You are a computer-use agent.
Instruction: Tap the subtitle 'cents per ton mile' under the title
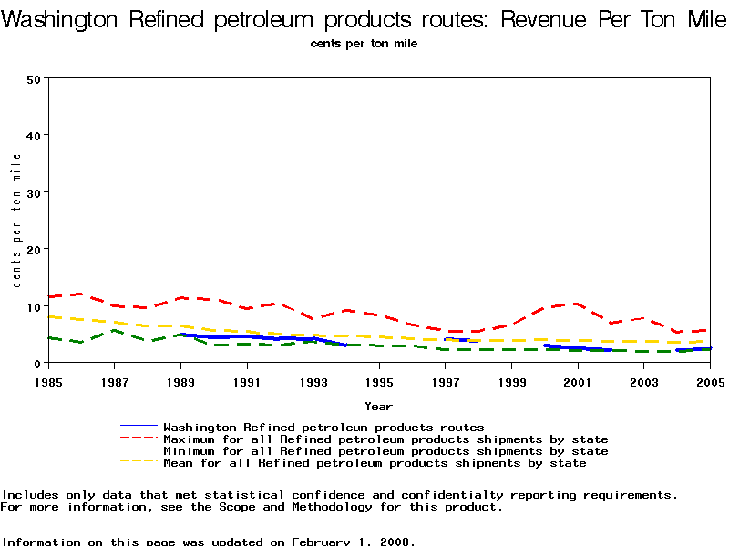tap(364, 43)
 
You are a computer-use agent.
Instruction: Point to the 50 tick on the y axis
tap(35, 78)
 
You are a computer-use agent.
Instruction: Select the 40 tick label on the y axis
tap(35, 135)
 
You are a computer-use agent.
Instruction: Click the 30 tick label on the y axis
tap(35, 192)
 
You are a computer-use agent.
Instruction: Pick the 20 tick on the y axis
tap(35, 249)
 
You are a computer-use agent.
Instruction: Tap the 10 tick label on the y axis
tap(35, 306)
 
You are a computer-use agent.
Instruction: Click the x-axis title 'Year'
tap(379, 406)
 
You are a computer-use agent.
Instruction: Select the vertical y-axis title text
tap(17, 221)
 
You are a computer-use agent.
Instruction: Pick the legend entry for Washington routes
tap(323, 427)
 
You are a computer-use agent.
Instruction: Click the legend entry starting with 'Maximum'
tap(385, 439)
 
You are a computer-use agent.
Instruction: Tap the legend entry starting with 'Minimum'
tap(385, 450)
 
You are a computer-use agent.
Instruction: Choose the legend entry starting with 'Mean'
tap(375, 462)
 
